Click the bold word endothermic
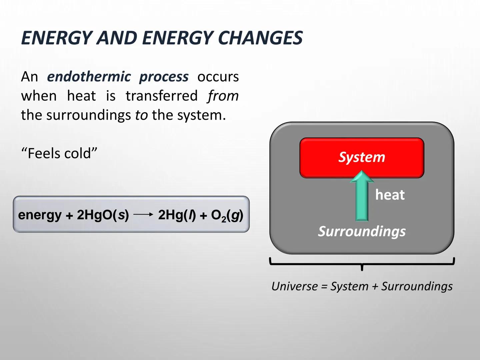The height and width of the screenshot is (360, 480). [x=89, y=77]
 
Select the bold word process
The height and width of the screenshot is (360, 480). [x=164, y=77]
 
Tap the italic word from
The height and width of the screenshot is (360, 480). [x=223, y=96]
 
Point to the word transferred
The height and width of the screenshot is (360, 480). [x=162, y=96]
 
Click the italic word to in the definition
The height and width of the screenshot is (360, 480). [x=141, y=115]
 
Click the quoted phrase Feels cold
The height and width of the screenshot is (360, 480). [x=59, y=154]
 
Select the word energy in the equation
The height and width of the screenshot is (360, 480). [x=40, y=215]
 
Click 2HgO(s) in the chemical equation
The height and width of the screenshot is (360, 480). [x=103, y=215]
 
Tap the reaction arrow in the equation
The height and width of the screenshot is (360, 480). [x=143, y=215]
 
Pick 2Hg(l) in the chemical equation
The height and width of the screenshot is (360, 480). [x=177, y=215]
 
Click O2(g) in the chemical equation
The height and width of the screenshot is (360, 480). [x=227, y=215]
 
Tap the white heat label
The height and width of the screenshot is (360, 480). [x=390, y=195]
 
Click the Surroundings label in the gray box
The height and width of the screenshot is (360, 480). [x=362, y=231]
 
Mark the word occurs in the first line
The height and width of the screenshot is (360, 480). [x=218, y=77]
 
